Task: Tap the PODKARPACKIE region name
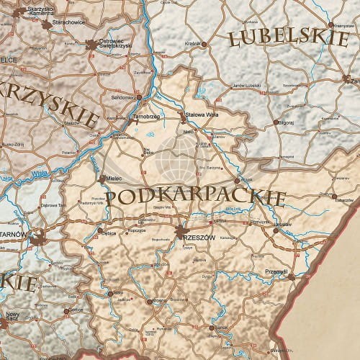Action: click(x=199, y=197)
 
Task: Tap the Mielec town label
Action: click(x=117, y=178)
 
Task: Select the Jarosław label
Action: click(x=282, y=225)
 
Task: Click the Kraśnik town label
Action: click(x=192, y=43)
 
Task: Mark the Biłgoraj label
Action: click(x=285, y=122)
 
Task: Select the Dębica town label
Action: click(x=109, y=233)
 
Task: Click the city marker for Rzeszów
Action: click(x=179, y=233)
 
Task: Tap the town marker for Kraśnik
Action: click(x=204, y=44)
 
